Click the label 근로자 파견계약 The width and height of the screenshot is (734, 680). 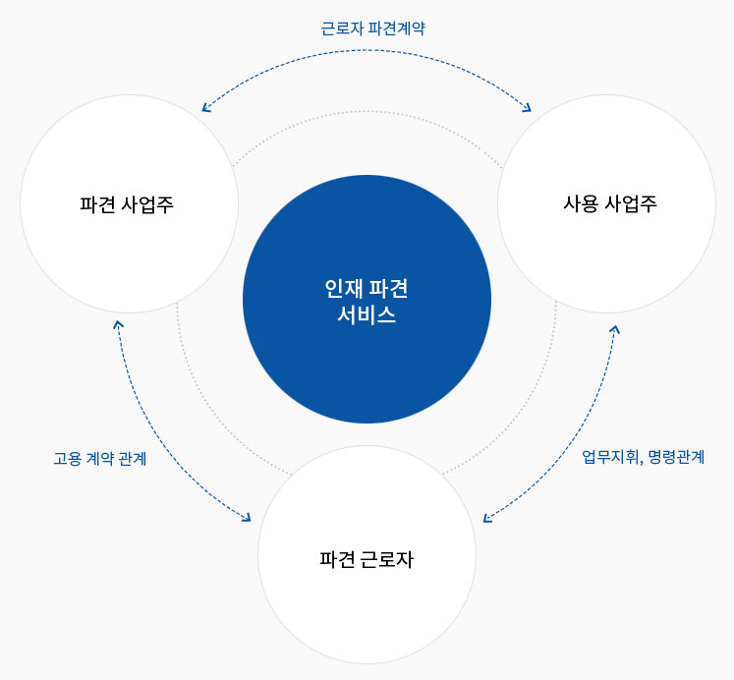pyautogui.click(x=372, y=28)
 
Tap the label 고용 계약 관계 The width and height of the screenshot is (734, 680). pyautogui.click(x=99, y=458)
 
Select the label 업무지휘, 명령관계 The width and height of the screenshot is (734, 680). pyautogui.click(x=643, y=456)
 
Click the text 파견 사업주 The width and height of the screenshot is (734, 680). pyautogui.click(x=127, y=204)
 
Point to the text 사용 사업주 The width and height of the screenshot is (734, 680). pyautogui.click(x=609, y=203)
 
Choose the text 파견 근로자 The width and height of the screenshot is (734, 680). pyautogui.click(x=367, y=559)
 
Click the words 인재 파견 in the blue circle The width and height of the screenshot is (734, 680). pyautogui.click(x=367, y=288)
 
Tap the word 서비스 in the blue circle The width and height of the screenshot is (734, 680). pyautogui.click(x=367, y=314)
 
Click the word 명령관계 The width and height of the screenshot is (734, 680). pyautogui.click(x=674, y=456)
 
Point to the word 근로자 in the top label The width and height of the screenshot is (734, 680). pyautogui.click(x=342, y=28)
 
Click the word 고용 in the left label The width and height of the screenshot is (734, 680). pyautogui.click(x=68, y=458)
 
